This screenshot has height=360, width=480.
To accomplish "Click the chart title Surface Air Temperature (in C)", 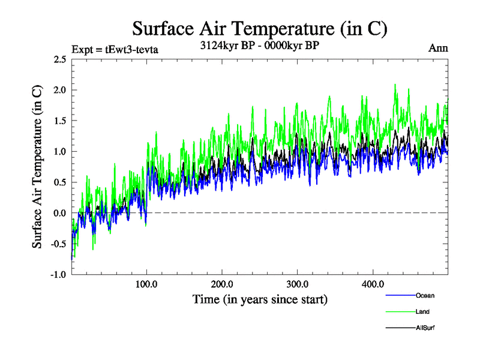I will point(259,28).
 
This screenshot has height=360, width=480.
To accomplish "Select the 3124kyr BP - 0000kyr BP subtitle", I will point(259,45).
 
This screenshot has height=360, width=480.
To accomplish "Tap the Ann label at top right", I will point(438,48).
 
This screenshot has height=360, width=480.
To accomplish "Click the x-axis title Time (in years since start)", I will point(259,298).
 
